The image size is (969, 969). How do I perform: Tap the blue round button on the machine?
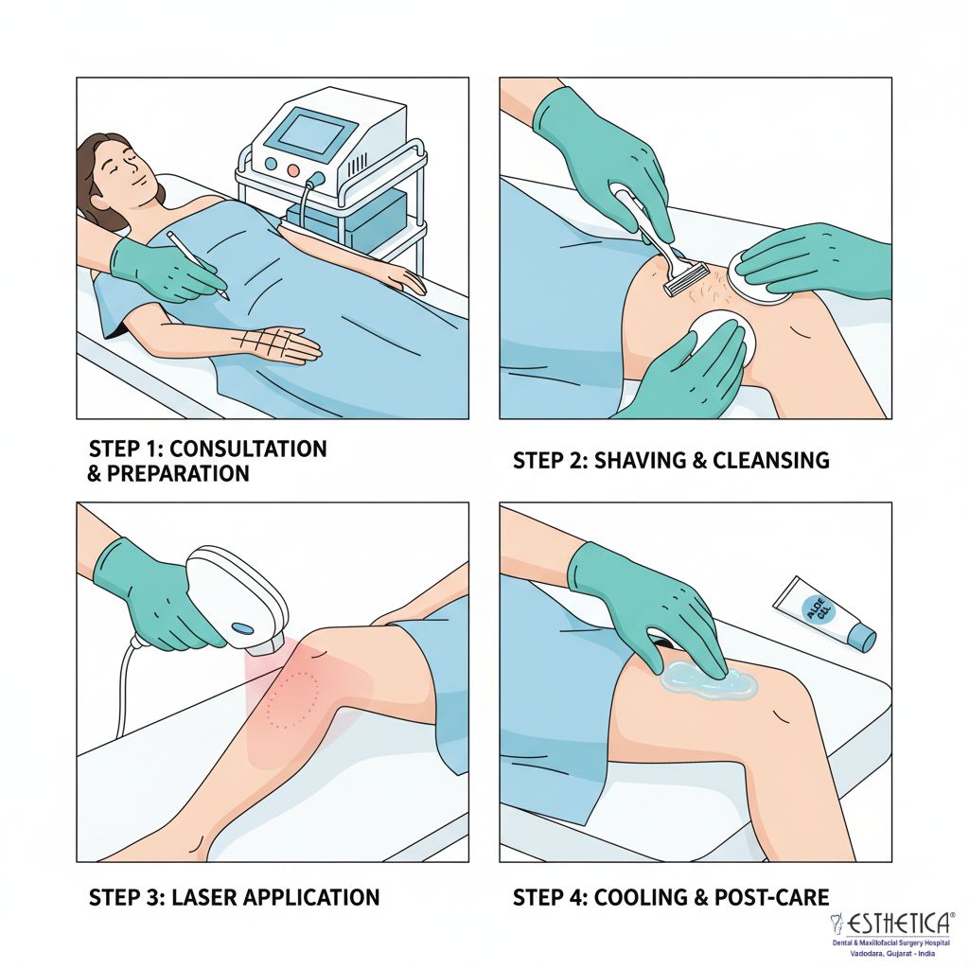click(271, 163)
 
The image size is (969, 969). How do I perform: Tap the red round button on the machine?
click(293, 170)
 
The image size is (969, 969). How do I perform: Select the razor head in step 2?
click(686, 279)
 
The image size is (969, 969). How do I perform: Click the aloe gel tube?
click(824, 613)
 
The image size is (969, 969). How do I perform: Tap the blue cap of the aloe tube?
click(862, 637)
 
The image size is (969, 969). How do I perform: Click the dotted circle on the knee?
click(292, 699)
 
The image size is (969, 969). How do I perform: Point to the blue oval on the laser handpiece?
click(241, 628)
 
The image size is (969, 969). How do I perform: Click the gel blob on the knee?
click(708, 679)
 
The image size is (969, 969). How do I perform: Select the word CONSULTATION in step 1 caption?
click(248, 449)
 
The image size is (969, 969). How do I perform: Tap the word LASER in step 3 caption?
click(199, 897)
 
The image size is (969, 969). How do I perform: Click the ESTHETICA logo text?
click(897, 924)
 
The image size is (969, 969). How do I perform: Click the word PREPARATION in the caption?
click(178, 473)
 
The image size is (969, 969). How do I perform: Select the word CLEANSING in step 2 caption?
click(770, 461)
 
